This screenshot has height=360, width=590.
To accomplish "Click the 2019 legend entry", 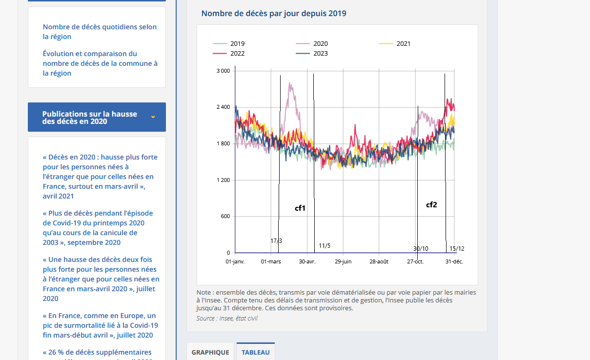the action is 228,44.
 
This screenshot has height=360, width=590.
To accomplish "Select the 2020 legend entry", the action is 312,44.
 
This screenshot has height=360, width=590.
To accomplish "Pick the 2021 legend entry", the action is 395,44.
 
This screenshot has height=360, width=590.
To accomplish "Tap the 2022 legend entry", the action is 228,54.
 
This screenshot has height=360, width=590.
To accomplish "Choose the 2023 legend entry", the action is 312,54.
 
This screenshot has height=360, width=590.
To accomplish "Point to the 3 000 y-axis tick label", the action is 223,71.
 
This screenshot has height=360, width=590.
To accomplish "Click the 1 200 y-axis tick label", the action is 223,180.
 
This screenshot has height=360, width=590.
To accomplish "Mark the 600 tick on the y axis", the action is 225,216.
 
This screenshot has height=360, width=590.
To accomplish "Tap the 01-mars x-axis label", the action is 271,262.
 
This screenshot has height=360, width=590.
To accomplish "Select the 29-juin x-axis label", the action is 343,262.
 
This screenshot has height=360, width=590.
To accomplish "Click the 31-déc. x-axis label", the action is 454,262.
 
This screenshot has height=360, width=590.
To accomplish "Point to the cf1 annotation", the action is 300,208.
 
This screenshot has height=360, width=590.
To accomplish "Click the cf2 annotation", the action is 431,205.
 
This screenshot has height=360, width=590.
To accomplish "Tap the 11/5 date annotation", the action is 325,246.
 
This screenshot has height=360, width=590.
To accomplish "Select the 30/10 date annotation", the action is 421,249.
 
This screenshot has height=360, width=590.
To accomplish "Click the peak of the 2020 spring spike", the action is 290,83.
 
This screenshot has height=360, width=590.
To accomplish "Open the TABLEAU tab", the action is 256,352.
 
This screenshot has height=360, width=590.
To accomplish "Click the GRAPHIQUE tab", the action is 210,352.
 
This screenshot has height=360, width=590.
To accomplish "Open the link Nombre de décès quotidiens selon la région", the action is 100,32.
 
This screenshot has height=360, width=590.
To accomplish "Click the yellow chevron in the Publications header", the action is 153,117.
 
